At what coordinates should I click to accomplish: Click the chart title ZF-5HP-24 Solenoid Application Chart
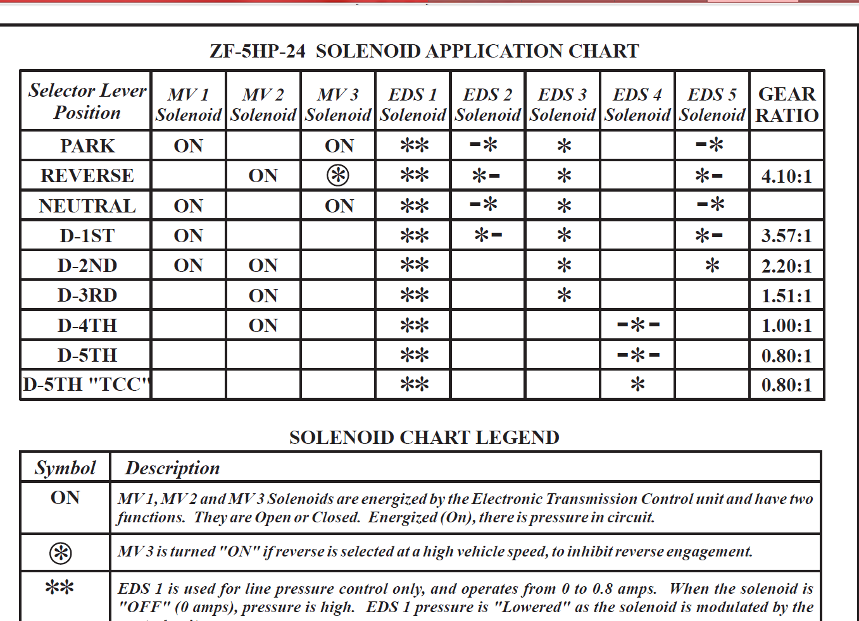(424, 51)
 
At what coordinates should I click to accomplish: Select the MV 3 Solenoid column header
(338, 104)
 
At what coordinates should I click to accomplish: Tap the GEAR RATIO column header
(787, 104)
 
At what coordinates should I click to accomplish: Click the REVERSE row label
(87, 176)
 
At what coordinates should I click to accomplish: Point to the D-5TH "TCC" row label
(87, 384)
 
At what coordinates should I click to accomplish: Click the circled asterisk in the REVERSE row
(338, 175)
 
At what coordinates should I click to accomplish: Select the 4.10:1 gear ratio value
(786, 176)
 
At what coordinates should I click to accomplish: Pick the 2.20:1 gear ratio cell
(786, 266)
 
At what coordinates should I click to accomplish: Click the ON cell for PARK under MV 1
(188, 146)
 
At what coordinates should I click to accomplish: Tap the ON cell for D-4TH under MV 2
(263, 326)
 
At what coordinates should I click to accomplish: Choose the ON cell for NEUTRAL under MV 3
(339, 206)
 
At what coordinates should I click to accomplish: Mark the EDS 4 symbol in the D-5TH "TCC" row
(637, 384)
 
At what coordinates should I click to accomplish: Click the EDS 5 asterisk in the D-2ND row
(712, 266)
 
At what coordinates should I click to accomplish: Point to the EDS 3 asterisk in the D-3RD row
(563, 295)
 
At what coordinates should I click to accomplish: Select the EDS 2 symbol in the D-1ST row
(488, 235)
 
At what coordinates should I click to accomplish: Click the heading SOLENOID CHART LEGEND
(424, 438)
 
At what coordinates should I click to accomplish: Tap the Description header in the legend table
(172, 468)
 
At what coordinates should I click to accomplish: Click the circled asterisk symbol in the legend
(61, 553)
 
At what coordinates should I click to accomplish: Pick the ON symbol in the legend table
(65, 498)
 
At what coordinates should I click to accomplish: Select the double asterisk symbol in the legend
(60, 588)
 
